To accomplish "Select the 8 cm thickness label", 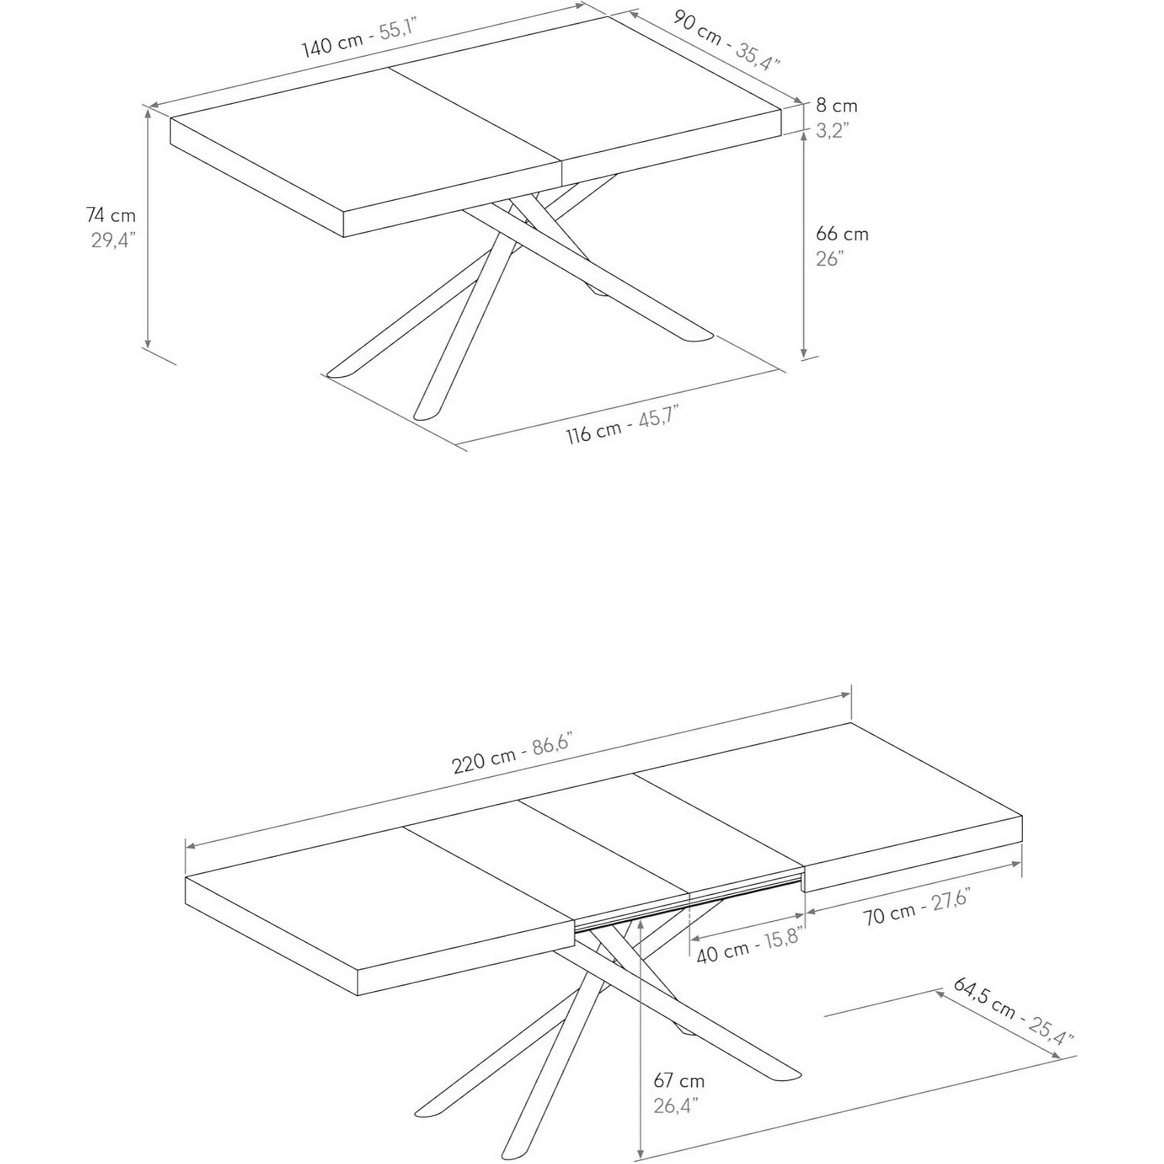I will (836, 106).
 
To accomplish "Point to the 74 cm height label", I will (111, 215).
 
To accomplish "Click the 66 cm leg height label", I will (842, 234).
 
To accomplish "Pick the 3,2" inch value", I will (832, 130).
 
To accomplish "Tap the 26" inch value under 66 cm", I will (829, 259).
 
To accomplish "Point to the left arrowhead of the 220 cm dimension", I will (190, 845).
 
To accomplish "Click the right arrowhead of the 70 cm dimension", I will (1017, 863).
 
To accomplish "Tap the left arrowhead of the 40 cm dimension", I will (695, 938).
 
